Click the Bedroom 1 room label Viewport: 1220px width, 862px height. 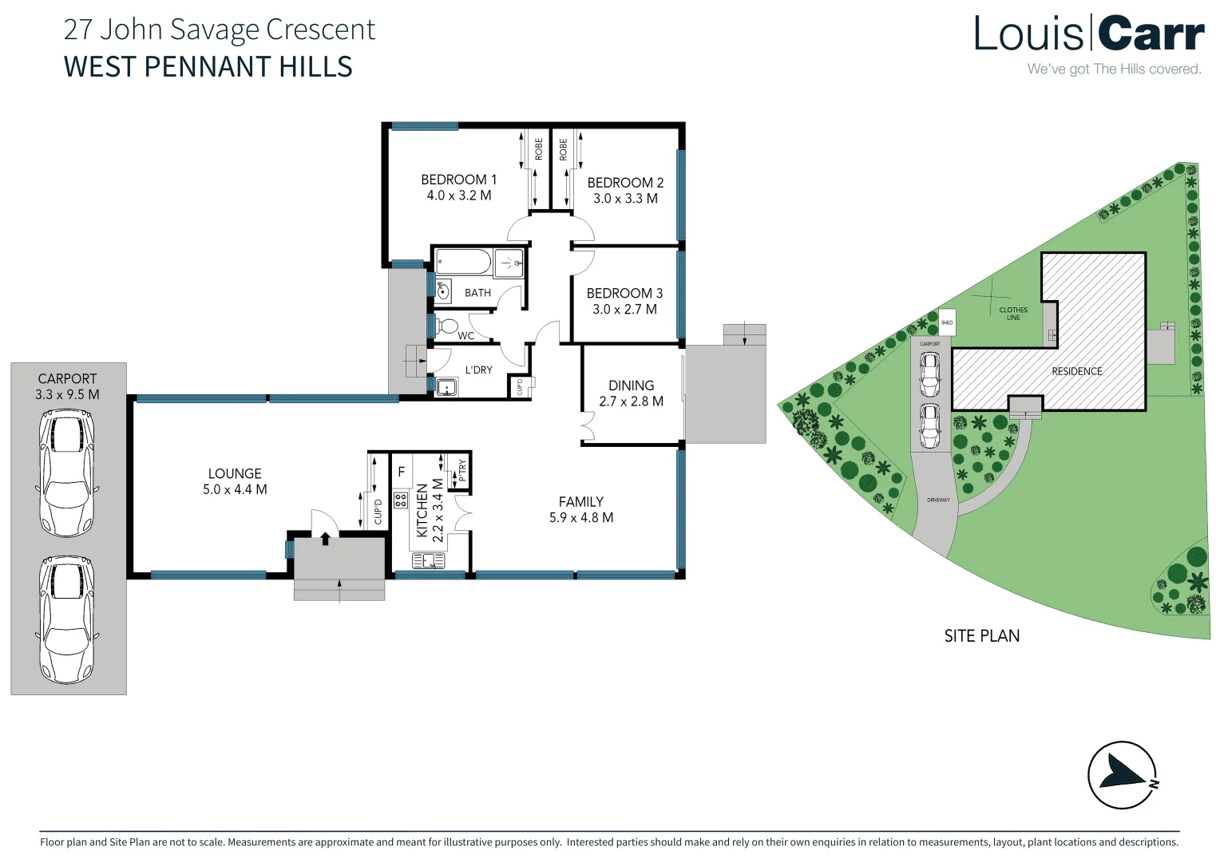point(458,180)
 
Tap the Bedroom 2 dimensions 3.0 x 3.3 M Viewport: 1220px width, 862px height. point(625,199)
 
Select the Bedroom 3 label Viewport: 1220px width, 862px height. point(624,293)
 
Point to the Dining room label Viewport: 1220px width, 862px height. point(631,386)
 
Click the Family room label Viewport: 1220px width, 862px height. point(580,502)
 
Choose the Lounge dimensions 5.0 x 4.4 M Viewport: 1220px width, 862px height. point(235,489)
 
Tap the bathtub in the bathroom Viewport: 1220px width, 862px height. point(464,262)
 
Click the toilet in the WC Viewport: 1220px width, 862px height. point(448,326)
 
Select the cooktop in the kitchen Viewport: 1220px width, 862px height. point(401,501)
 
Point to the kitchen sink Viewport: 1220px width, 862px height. point(428,561)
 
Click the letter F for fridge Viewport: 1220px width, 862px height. point(402,473)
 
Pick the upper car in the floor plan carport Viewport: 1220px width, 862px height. point(68,473)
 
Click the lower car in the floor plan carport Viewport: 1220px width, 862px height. point(68,619)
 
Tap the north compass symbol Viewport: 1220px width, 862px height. point(1123,775)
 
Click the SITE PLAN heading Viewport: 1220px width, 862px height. point(981,636)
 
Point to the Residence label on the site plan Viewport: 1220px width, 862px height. point(1076,371)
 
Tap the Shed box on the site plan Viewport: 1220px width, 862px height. point(947,322)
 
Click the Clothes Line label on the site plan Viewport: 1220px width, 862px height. point(1013,314)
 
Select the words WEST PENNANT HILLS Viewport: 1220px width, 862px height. point(208,67)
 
